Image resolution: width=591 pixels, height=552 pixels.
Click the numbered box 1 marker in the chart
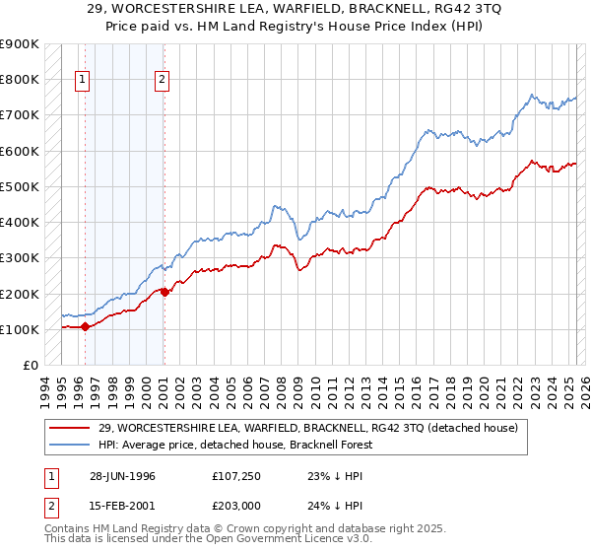[81, 81]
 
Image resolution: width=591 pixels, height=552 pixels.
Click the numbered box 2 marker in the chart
[162, 81]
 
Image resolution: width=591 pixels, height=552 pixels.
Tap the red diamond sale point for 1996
[85, 326]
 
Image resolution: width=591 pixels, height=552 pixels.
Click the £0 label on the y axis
[30, 366]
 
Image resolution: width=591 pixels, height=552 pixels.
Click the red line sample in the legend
[69, 427]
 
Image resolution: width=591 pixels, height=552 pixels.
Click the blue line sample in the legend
[69, 444]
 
